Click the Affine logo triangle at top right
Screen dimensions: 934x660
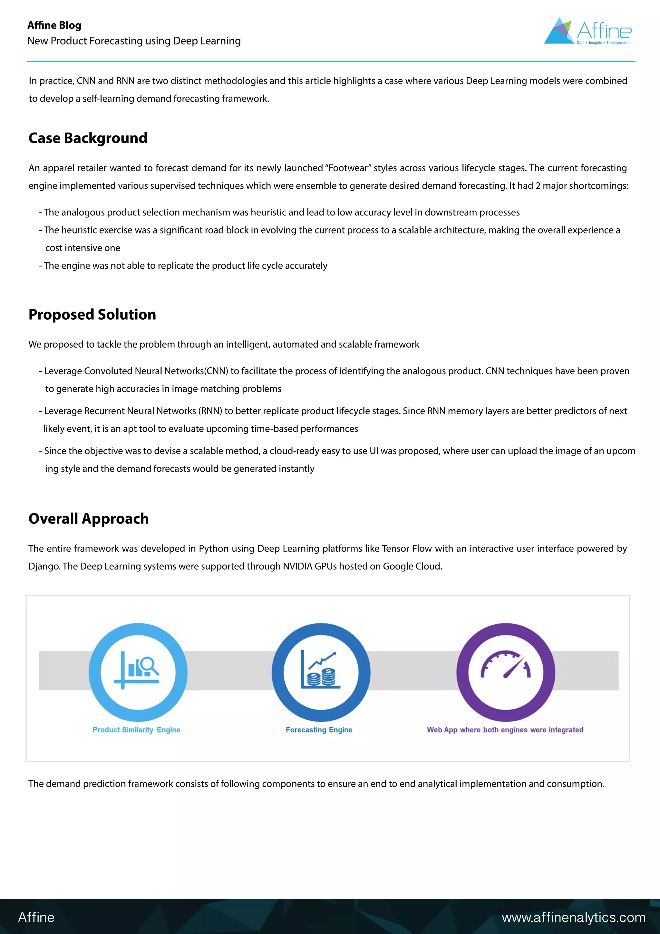click(559, 32)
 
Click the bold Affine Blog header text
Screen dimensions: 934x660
click(54, 25)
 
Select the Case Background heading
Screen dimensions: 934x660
click(88, 138)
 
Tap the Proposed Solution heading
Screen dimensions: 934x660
click(92, 314)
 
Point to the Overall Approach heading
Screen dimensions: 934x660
click(88, 519)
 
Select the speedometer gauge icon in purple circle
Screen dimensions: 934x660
click(506, 665)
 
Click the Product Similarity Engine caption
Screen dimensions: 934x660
click(136, 730)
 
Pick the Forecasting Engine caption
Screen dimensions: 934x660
click(319, 730)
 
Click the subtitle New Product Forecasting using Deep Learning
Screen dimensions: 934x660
click(134, 41)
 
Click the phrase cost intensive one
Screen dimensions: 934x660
click(82, 248)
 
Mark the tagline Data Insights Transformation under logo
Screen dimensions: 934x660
click(604, 43)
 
